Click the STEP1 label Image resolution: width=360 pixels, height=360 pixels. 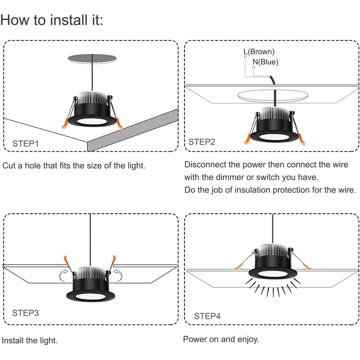(x=26, y=144)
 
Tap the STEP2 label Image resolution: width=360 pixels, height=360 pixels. (x=202, y=142)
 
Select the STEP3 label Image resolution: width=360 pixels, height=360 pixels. (x=26, y=312)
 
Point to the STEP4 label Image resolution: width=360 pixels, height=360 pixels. (x=207, y=316)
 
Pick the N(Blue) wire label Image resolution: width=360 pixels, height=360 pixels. (x=265, y=62)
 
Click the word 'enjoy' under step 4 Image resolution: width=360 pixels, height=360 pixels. (x=247, y=339)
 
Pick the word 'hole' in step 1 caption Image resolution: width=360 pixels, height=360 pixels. (x=47, y=166)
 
